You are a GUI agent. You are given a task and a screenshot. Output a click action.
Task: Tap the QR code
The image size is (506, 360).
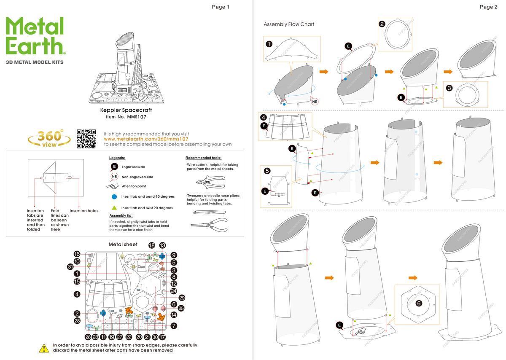(x=86, y=139)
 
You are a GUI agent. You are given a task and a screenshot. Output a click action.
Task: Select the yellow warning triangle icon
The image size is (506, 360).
(x=44, y=348)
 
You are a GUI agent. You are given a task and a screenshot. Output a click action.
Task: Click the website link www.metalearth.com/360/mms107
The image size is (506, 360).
(x=146, y=139)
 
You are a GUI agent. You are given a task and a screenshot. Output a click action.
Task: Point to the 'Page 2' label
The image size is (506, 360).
(x=488, y=7)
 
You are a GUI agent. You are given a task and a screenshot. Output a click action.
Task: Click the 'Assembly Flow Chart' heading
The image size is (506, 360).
(x=289, y=24)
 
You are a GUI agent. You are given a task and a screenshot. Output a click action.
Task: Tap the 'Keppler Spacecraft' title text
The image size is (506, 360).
(x=126, y=110)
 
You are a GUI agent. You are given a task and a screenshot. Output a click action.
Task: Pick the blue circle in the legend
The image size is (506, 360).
(x=114, y=197)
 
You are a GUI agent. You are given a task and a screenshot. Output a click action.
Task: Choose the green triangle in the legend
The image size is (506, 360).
(x=114, y=208)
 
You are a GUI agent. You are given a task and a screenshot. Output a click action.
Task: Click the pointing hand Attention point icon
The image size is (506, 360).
(x=113, y=186)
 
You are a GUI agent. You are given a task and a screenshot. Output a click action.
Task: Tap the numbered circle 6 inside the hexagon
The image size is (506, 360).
(x=418, y=303)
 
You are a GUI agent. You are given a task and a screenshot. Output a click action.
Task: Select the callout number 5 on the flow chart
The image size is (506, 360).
(x=267, y=171)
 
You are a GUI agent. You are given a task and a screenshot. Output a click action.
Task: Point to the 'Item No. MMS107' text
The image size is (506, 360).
(x=126, y=117)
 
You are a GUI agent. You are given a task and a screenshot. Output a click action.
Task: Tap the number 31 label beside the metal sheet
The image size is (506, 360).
(x=70, y=266)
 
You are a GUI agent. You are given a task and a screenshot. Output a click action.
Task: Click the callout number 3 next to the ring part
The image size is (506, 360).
(x=449, y=88)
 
